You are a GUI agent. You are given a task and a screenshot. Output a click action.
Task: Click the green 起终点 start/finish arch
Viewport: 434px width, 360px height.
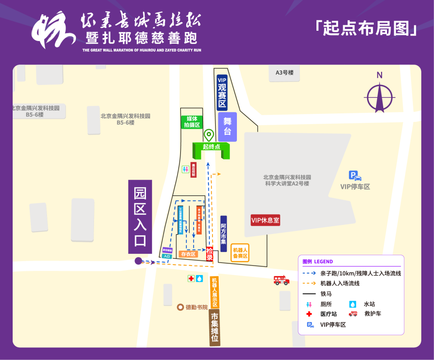click(211, 147)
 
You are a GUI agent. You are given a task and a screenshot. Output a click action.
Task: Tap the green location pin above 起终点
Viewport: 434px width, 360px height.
click(208, 135)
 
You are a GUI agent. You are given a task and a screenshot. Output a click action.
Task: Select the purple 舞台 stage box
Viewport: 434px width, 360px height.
click(227, 126)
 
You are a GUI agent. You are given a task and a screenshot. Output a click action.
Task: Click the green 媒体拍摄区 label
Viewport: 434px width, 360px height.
click(191, 122)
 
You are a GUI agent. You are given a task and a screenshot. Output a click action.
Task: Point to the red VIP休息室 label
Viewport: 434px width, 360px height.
click(265, 220)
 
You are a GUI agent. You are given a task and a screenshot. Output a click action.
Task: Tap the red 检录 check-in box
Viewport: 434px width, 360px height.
click(209, 254)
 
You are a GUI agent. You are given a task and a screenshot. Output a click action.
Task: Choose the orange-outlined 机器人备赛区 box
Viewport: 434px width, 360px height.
click(240, 253)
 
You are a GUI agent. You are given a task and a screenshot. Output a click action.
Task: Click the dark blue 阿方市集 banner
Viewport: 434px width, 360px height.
click(223, 234)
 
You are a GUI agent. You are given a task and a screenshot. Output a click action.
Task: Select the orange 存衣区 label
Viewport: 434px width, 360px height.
click(189, 254)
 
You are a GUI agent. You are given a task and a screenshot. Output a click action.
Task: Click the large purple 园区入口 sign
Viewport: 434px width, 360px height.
click(140, 217)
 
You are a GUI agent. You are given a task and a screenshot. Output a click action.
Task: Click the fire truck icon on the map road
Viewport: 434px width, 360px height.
click(281, 281)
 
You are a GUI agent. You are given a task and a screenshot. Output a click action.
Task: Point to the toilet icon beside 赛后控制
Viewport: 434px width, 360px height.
click(185, 169)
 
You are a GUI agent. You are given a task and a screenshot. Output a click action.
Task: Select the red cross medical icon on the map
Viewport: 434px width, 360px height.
click(191, 279)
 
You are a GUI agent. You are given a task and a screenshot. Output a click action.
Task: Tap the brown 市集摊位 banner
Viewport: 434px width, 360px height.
click(215, 330)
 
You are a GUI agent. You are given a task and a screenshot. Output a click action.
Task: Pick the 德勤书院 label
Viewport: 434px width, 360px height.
click(193, 307)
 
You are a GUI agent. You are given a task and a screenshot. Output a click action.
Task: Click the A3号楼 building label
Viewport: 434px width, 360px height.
click(284, 73)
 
